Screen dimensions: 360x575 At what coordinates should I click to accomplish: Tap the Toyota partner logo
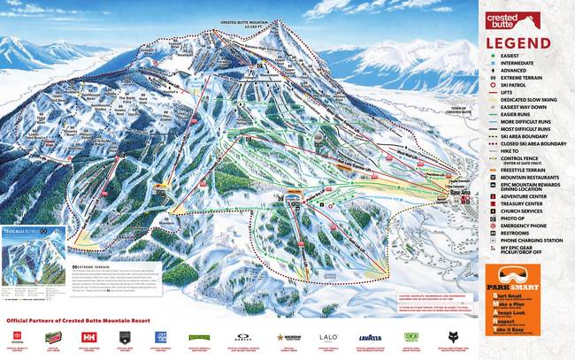pos(17,338)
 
